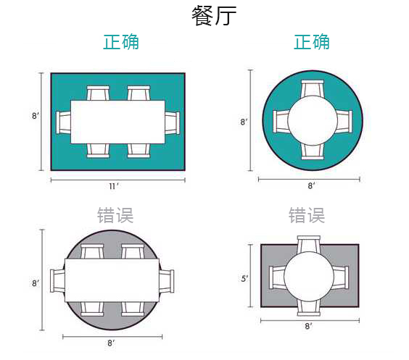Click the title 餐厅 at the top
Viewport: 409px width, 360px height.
point(214,16)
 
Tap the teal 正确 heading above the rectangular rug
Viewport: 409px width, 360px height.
point(121,42)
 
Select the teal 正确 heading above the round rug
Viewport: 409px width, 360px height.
point(311,42)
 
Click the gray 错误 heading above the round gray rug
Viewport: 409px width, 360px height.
point(115,215)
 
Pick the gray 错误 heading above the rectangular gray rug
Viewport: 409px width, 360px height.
point(307,215)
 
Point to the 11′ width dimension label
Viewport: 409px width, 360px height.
point(114,186)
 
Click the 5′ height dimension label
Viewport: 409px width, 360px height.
point(244,279)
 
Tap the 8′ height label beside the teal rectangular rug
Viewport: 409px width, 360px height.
point(36,116)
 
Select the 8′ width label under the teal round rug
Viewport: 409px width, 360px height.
point(311,185)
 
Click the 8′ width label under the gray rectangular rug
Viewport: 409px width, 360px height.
point(309,326)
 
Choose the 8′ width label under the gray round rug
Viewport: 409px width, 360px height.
point(111,343)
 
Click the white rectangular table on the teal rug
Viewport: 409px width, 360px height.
point(118,122)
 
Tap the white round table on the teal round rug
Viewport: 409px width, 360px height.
point(313,120)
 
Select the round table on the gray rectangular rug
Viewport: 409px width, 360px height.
point(309,277)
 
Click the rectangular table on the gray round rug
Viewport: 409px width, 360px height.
point(112,280)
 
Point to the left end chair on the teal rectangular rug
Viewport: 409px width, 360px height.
point(63,122)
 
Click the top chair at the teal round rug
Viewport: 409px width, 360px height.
point(313,89)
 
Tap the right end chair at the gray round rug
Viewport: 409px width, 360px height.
point(166,281)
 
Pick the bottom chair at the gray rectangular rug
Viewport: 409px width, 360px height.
point(309,308)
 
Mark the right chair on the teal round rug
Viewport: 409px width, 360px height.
point(344,122)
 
